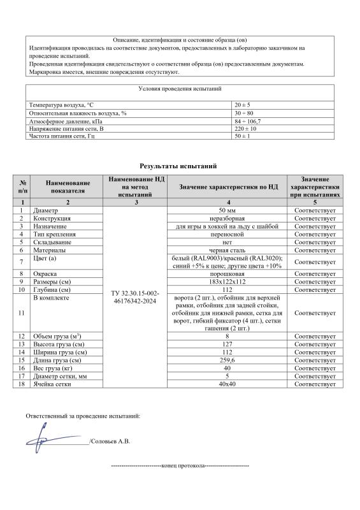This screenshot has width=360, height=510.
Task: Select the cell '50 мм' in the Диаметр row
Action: [228, 210]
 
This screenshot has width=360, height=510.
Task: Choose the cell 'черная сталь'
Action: [228, 251]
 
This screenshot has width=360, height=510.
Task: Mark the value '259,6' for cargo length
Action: [228, 360]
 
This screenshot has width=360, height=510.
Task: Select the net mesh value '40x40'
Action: [228, 384]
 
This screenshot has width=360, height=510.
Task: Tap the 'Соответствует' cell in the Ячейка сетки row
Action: [315, 384]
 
